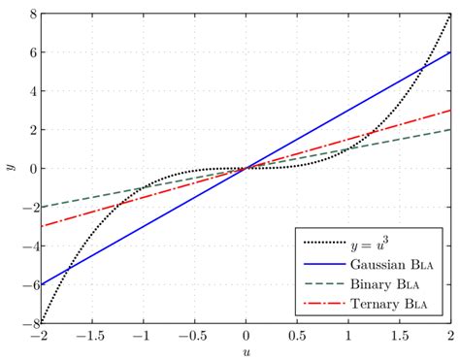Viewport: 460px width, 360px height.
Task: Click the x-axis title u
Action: click(x=246, y=351)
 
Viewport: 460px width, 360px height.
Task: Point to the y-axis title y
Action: click(x=9, y=168)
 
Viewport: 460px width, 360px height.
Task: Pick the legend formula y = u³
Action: click(x=374, y=243)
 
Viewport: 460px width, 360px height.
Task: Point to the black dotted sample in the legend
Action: click(x=324, y=243)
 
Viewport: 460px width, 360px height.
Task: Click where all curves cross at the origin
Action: click(x=246, y=168)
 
